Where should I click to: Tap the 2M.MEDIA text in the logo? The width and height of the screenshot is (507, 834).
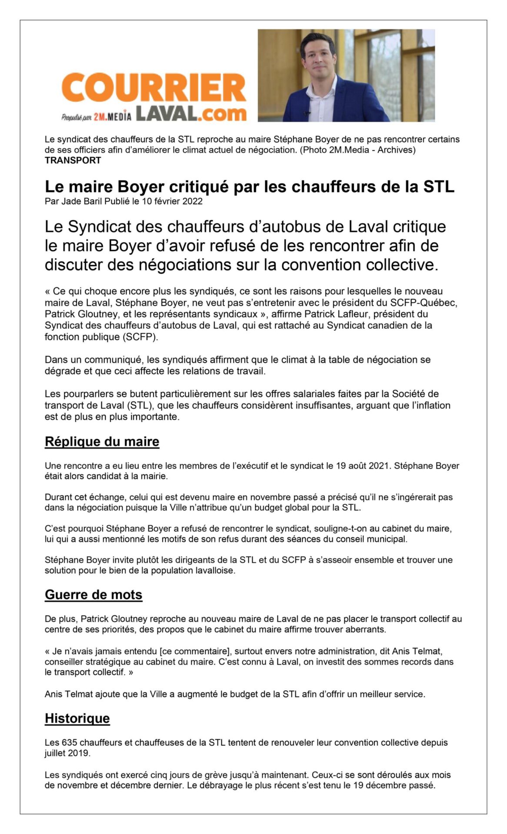[x=112, y=116]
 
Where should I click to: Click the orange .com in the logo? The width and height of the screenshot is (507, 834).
[x=223, y=113]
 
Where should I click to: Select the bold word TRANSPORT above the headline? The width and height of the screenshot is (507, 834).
[x=73, y=160]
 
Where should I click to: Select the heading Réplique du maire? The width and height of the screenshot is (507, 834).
[x=102, y=441]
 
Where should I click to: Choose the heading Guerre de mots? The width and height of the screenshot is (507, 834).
[x=93, y=594]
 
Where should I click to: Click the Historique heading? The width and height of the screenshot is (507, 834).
[x=77, y=718]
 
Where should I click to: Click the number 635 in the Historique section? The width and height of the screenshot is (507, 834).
[x=70, y=742]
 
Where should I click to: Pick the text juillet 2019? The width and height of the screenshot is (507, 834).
[x=67, y=753]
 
